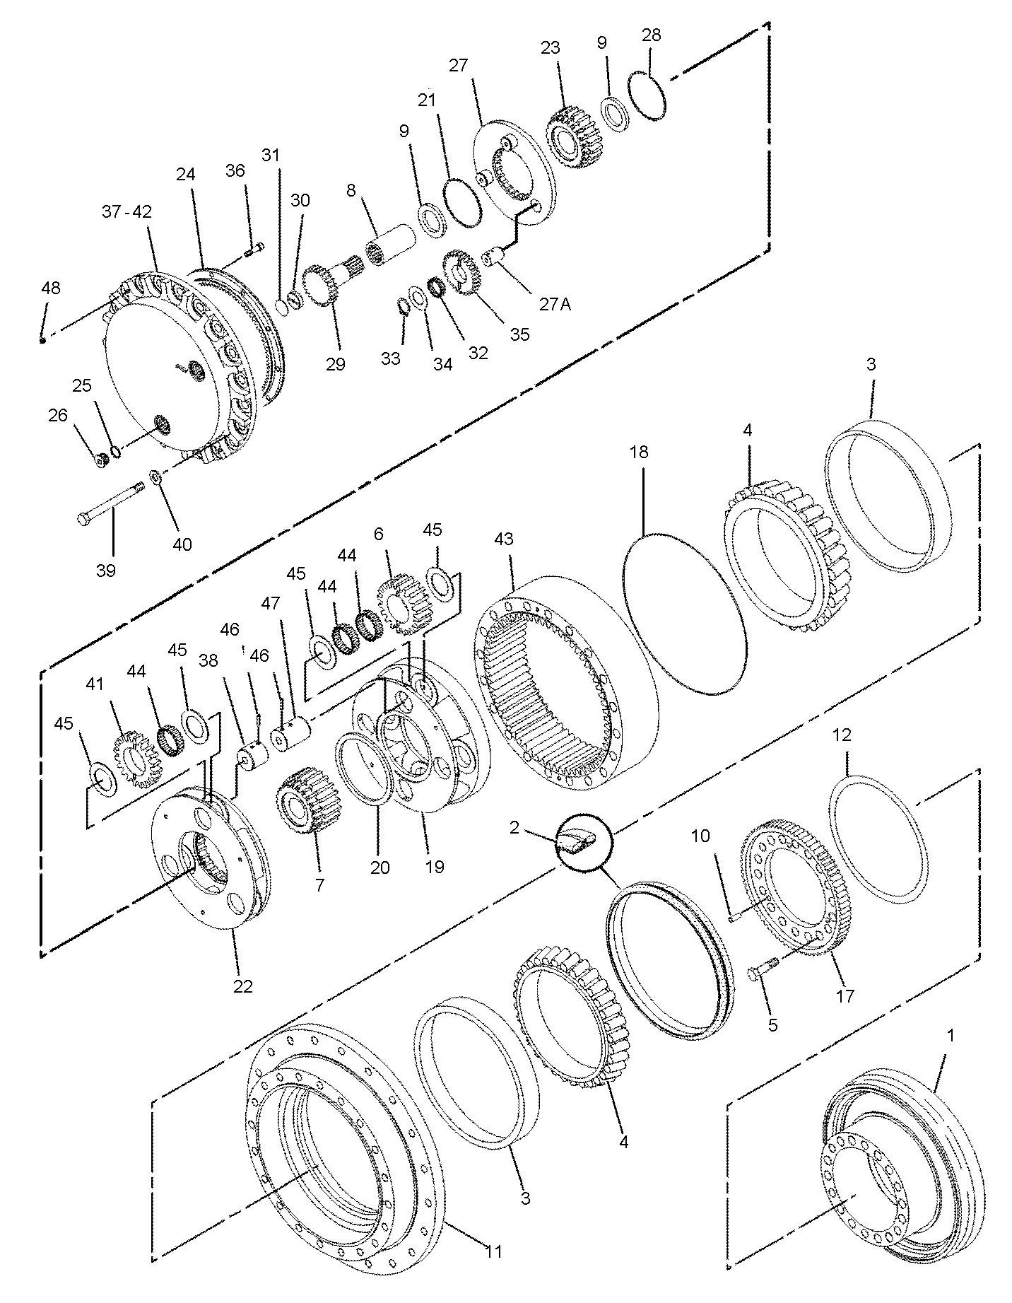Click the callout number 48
click(x=51, y=288)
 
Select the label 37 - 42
click(x=126, y=211)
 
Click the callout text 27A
click(x=555, y=305)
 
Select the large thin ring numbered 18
click(x=684, y=611)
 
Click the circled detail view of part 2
click(x=584, y=842)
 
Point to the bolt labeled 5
click(x=762, y=967)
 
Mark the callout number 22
click(x=242, y=986)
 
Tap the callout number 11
click(x=493, y=1251)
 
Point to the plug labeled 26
click(x=101, y=460)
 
